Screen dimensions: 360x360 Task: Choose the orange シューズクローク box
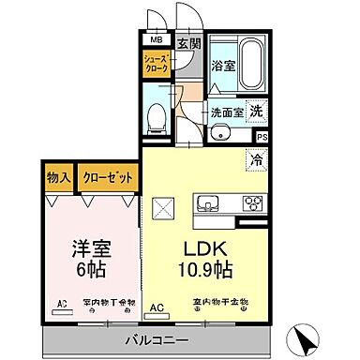pyautogui.click(x=157, y=66)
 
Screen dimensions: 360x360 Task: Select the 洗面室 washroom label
pyautogui.click(x=226, y=112)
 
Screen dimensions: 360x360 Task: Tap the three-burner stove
pyautogui.click(x=252, y=203)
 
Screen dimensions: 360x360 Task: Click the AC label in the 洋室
pyautogui.click(x=63, y=304)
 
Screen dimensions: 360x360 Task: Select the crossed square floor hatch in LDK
pyautogui.click(x=163, y=205)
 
